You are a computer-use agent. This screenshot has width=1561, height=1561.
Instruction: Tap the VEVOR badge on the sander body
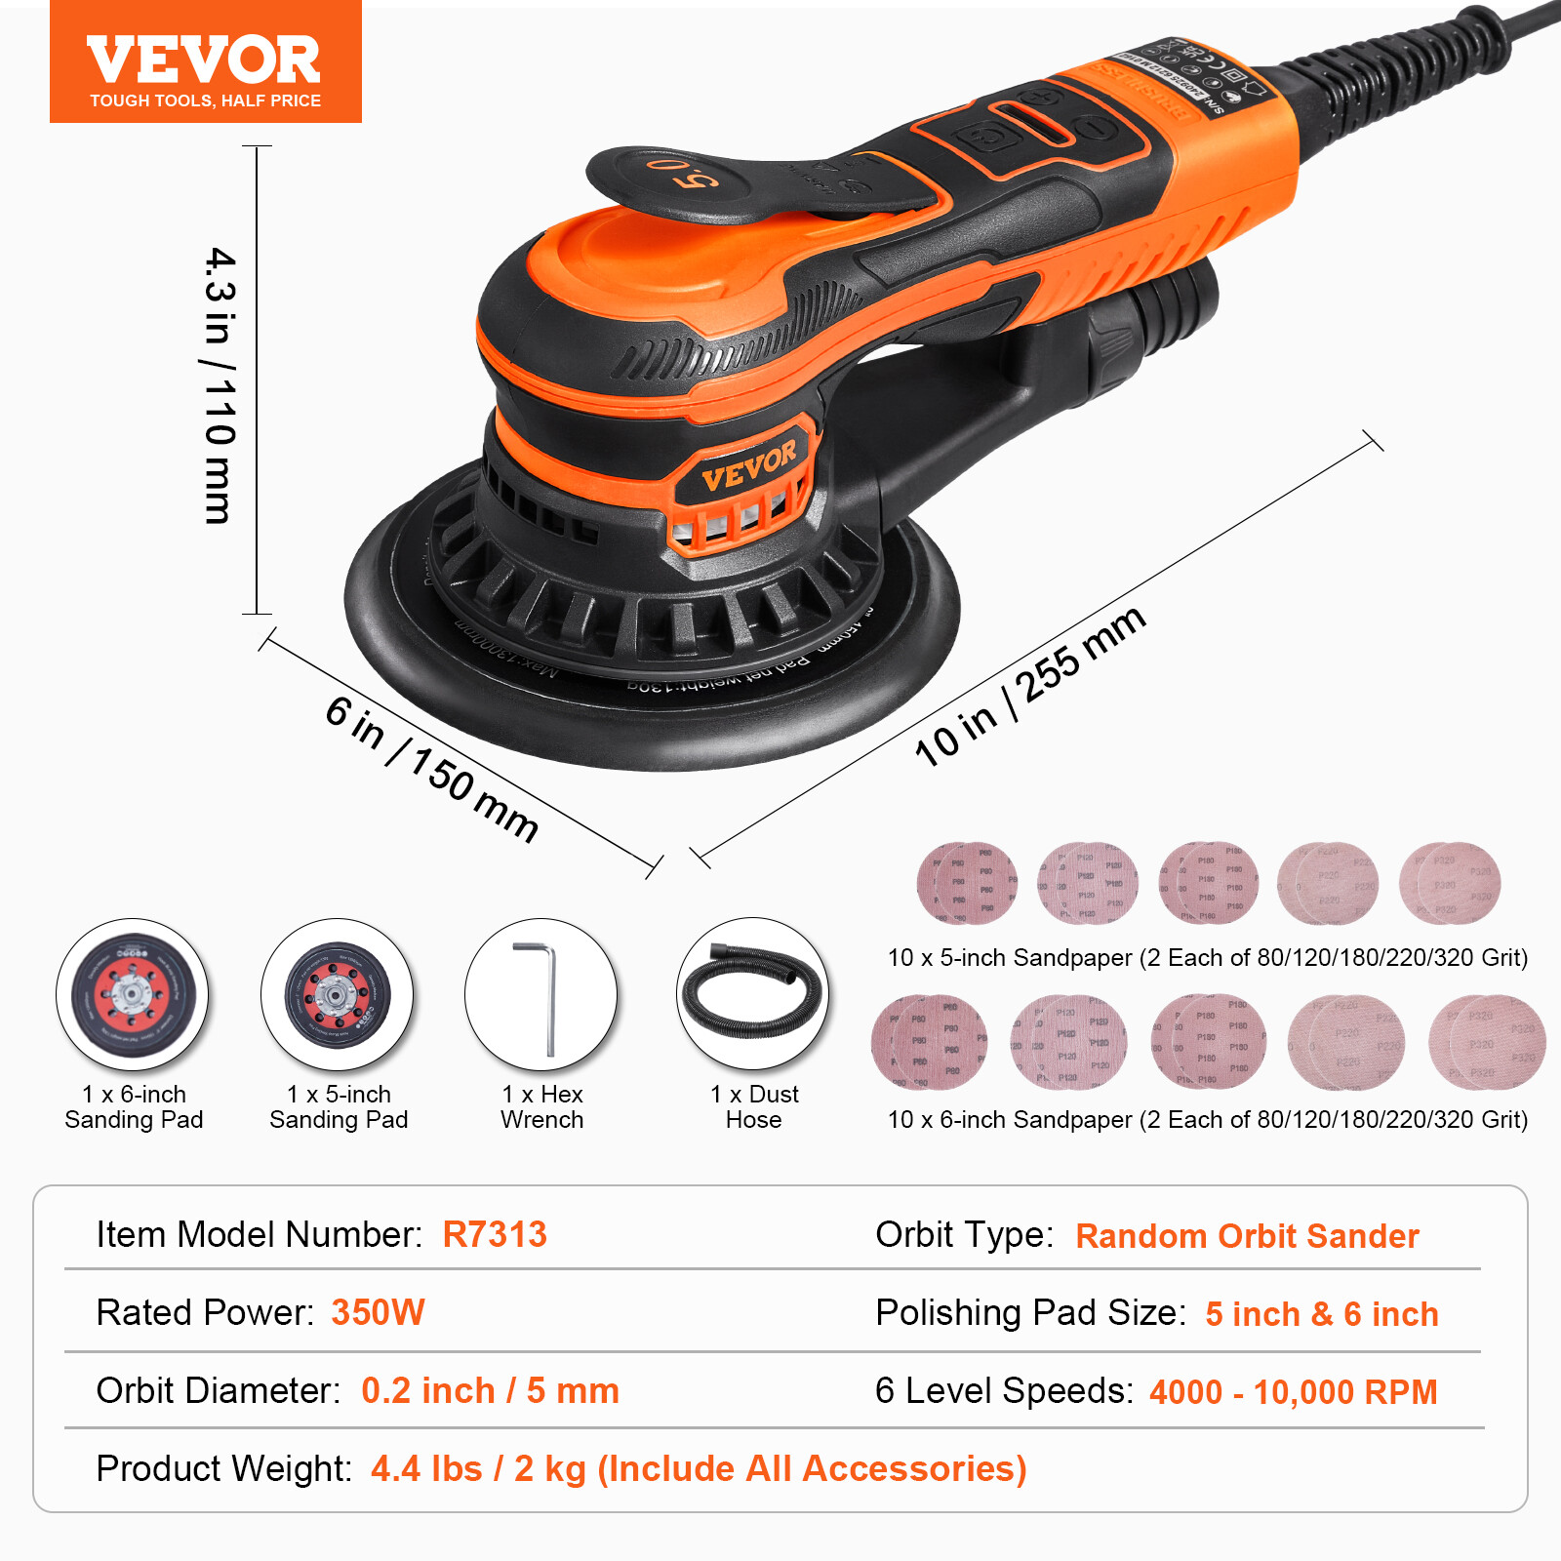pyautogui.click(x=748, y=465)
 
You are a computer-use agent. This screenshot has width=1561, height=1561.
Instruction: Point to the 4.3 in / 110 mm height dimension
pyautogui.click(x=220, y=384)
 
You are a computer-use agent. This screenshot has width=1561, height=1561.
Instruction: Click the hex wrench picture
pyautogui.click(x=540, y=994)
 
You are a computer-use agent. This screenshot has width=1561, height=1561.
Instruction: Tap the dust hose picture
pyautogui.click(x=752, y=993)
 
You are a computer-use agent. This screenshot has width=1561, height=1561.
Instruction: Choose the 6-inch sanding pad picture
pyautogui.click(x=133, y=994)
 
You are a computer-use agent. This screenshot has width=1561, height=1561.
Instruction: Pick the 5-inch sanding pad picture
pyautogui.click(x=337, y=994)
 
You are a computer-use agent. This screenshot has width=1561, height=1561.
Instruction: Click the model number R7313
pyautogui.click(x=495, y=1234)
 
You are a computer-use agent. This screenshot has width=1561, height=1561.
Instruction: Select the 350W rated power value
pyautogui.click(x=378, y=1312)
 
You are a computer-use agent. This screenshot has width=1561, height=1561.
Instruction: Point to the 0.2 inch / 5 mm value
pyautogui.click(x=490, y=1390)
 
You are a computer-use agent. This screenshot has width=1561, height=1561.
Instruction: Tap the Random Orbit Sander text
pyautogui.click(x=1247, y=1236)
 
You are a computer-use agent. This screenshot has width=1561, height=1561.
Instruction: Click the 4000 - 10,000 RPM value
pyautogui.click(x=1293, y=1392)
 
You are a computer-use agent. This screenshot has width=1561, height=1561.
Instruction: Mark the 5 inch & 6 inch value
pyautogui.click(x=1322, y=1314)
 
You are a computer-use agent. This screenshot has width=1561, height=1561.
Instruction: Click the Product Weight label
pyautogui.click(x=223, y=1468)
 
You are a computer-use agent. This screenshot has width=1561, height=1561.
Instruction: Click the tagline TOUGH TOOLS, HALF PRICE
pyautogui.click(x=205, y=100)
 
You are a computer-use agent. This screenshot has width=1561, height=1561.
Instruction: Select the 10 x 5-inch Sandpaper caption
pyautogui.click(x=1207, y=957)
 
